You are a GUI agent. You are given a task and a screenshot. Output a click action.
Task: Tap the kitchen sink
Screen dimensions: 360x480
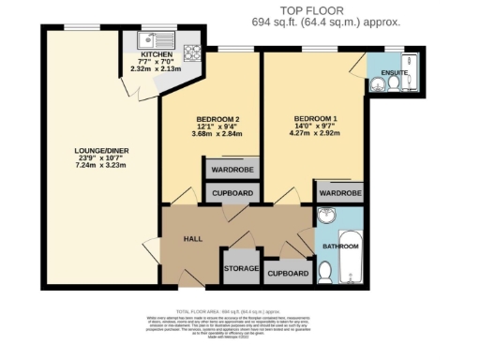pos(150,39)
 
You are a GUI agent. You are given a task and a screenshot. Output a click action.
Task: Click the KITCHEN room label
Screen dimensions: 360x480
pos(157,55)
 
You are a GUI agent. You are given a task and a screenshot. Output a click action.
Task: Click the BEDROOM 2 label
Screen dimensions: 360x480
pos(217,119)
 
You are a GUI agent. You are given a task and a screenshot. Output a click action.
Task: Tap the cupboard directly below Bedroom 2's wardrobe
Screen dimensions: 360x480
pos(231,193)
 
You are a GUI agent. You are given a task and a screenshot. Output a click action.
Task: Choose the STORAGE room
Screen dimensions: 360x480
pos(242,268)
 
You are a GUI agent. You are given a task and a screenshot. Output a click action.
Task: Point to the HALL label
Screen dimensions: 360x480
pos(193,239)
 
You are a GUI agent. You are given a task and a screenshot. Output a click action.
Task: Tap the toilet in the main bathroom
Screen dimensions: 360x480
pos(324,271)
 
